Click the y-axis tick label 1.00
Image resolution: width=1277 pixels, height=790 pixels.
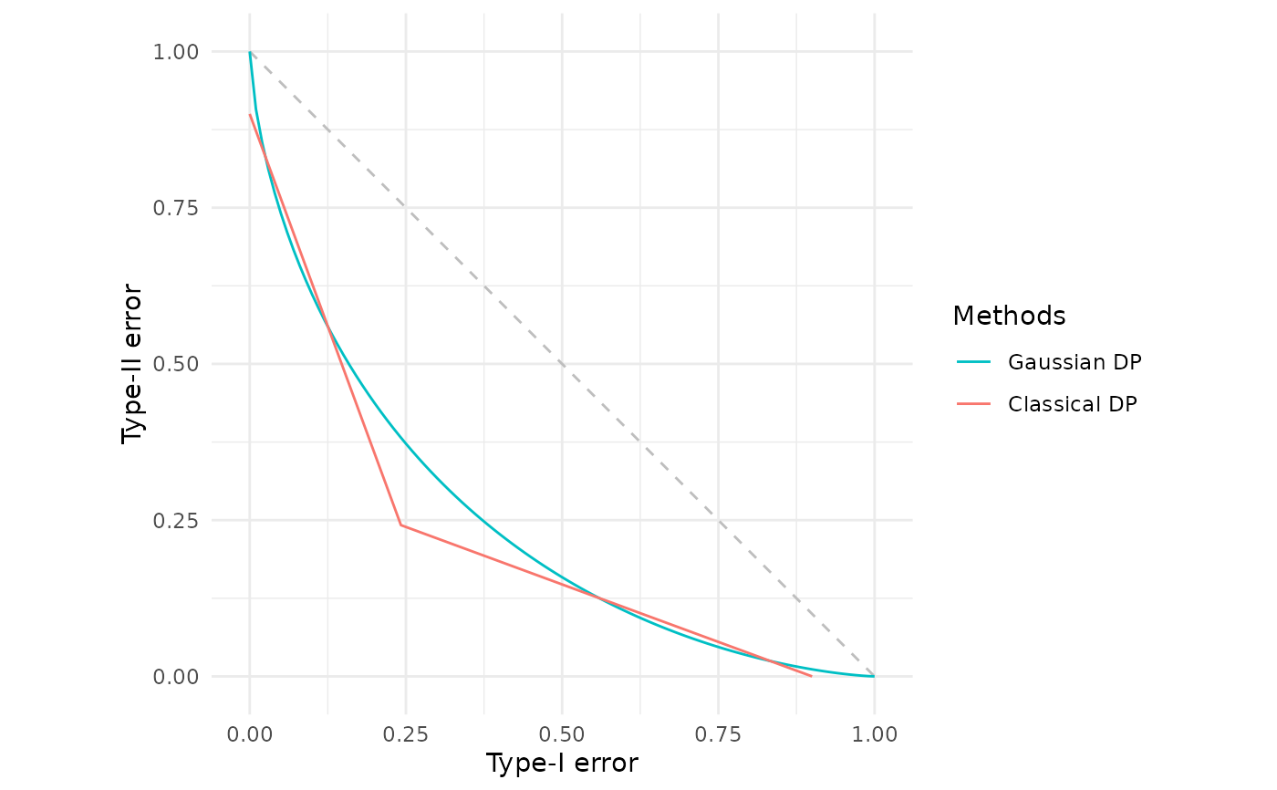click(x=182, y=52)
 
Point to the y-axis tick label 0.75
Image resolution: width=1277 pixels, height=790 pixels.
click(x=182, y=208)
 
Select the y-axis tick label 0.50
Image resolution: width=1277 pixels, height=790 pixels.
click(x=182, y=364)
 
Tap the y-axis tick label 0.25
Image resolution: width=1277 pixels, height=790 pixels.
click(x=182, y=520)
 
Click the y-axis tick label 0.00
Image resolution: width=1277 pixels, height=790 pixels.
click(x=182, y=676)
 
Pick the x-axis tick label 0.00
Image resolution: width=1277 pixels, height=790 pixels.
click(x=250, y=733)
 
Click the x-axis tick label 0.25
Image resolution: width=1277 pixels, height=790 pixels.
click(x=406, y=733)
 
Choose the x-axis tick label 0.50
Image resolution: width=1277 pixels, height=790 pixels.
click(x=562, y=733)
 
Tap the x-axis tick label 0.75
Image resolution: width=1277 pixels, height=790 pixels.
click(x=718, y=733)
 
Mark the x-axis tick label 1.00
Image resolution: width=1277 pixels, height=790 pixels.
click(x=874, y=733)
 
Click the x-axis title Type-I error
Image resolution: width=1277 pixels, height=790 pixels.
click(x=562, y=764)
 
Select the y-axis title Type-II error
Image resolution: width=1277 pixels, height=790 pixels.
click(x=133, y=364)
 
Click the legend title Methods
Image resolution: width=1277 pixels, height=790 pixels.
click(x=1009, y=316)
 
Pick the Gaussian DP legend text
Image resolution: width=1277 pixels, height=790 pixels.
click(x=1075, y=362)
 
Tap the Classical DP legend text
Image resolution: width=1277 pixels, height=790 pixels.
click(x=1073, y=404)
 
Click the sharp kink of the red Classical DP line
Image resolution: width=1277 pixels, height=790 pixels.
click(x=401, y=525)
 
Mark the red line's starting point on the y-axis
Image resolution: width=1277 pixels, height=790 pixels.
click(x=250, y=114)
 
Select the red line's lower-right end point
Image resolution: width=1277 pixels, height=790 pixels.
click(x=811, y=676)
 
